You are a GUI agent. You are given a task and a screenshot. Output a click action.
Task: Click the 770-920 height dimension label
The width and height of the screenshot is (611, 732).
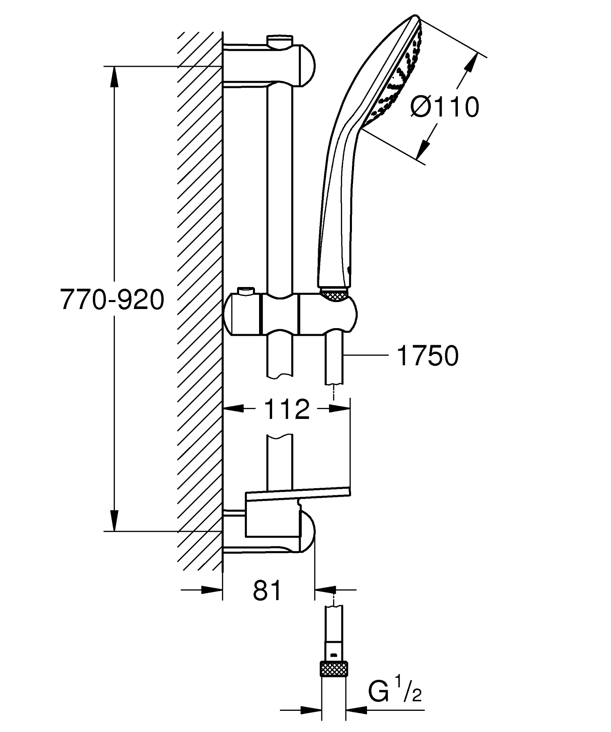click(112, 300)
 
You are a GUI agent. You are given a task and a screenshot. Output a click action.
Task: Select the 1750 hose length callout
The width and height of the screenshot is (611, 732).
click(427, 355)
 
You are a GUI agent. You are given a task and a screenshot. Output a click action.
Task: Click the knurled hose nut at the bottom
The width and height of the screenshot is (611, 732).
click(334, 666)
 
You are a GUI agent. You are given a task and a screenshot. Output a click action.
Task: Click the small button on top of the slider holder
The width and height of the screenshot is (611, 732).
click(245, 291)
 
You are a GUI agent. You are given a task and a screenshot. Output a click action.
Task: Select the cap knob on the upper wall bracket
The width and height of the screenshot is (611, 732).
click(280, 41)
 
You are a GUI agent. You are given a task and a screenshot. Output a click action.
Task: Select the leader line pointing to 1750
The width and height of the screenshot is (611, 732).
click(365, 355)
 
